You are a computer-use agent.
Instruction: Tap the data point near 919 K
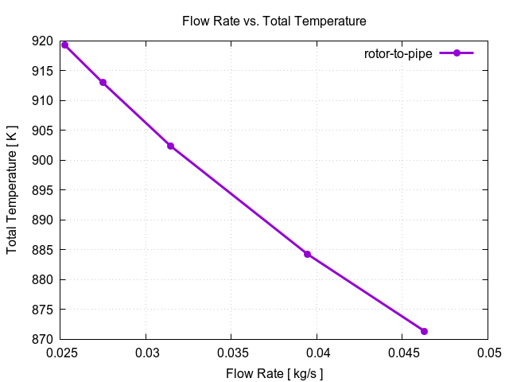pyautogui.click(x=65, y=45)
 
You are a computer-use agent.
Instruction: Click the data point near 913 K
pyautogui.click(x=103, y=83)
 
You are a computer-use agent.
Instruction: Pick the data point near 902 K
pyautogui.click(x=170, y=146)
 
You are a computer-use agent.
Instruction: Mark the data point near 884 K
pyautogui.click(x=307, y=255)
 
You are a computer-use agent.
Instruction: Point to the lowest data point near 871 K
pyautogui.click(x=424, y=331)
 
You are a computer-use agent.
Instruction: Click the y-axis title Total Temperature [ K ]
pyautogui.click(x=12, y=190)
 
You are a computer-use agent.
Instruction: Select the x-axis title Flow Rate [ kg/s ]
pyautogui.click(x=274, y=372)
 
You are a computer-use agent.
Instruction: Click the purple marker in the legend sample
pyautogui.click(x=457, y=53)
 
